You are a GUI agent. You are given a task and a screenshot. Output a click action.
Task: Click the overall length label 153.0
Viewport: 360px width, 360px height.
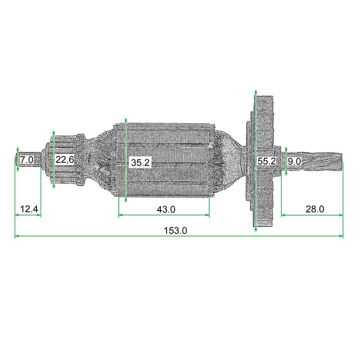(x=175, y=230)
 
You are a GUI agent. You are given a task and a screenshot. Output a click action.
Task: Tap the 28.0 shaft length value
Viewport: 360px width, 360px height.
(x=315, y=209)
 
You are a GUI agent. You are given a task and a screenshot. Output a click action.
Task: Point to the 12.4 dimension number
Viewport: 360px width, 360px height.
(x=29, y=209)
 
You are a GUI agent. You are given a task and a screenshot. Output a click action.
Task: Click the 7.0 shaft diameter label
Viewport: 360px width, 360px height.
(x=27, y=160)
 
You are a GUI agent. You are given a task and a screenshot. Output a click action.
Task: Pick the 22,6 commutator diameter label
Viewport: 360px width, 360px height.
(x=65, y=160)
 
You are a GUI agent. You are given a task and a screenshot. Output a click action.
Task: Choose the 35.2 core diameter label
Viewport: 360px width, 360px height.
(x=140, y=162)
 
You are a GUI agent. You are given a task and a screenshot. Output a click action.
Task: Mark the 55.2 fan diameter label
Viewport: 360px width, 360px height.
(x=267, y=161)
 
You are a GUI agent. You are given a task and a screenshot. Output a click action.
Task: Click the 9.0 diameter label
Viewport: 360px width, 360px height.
(x=294, y=162)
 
